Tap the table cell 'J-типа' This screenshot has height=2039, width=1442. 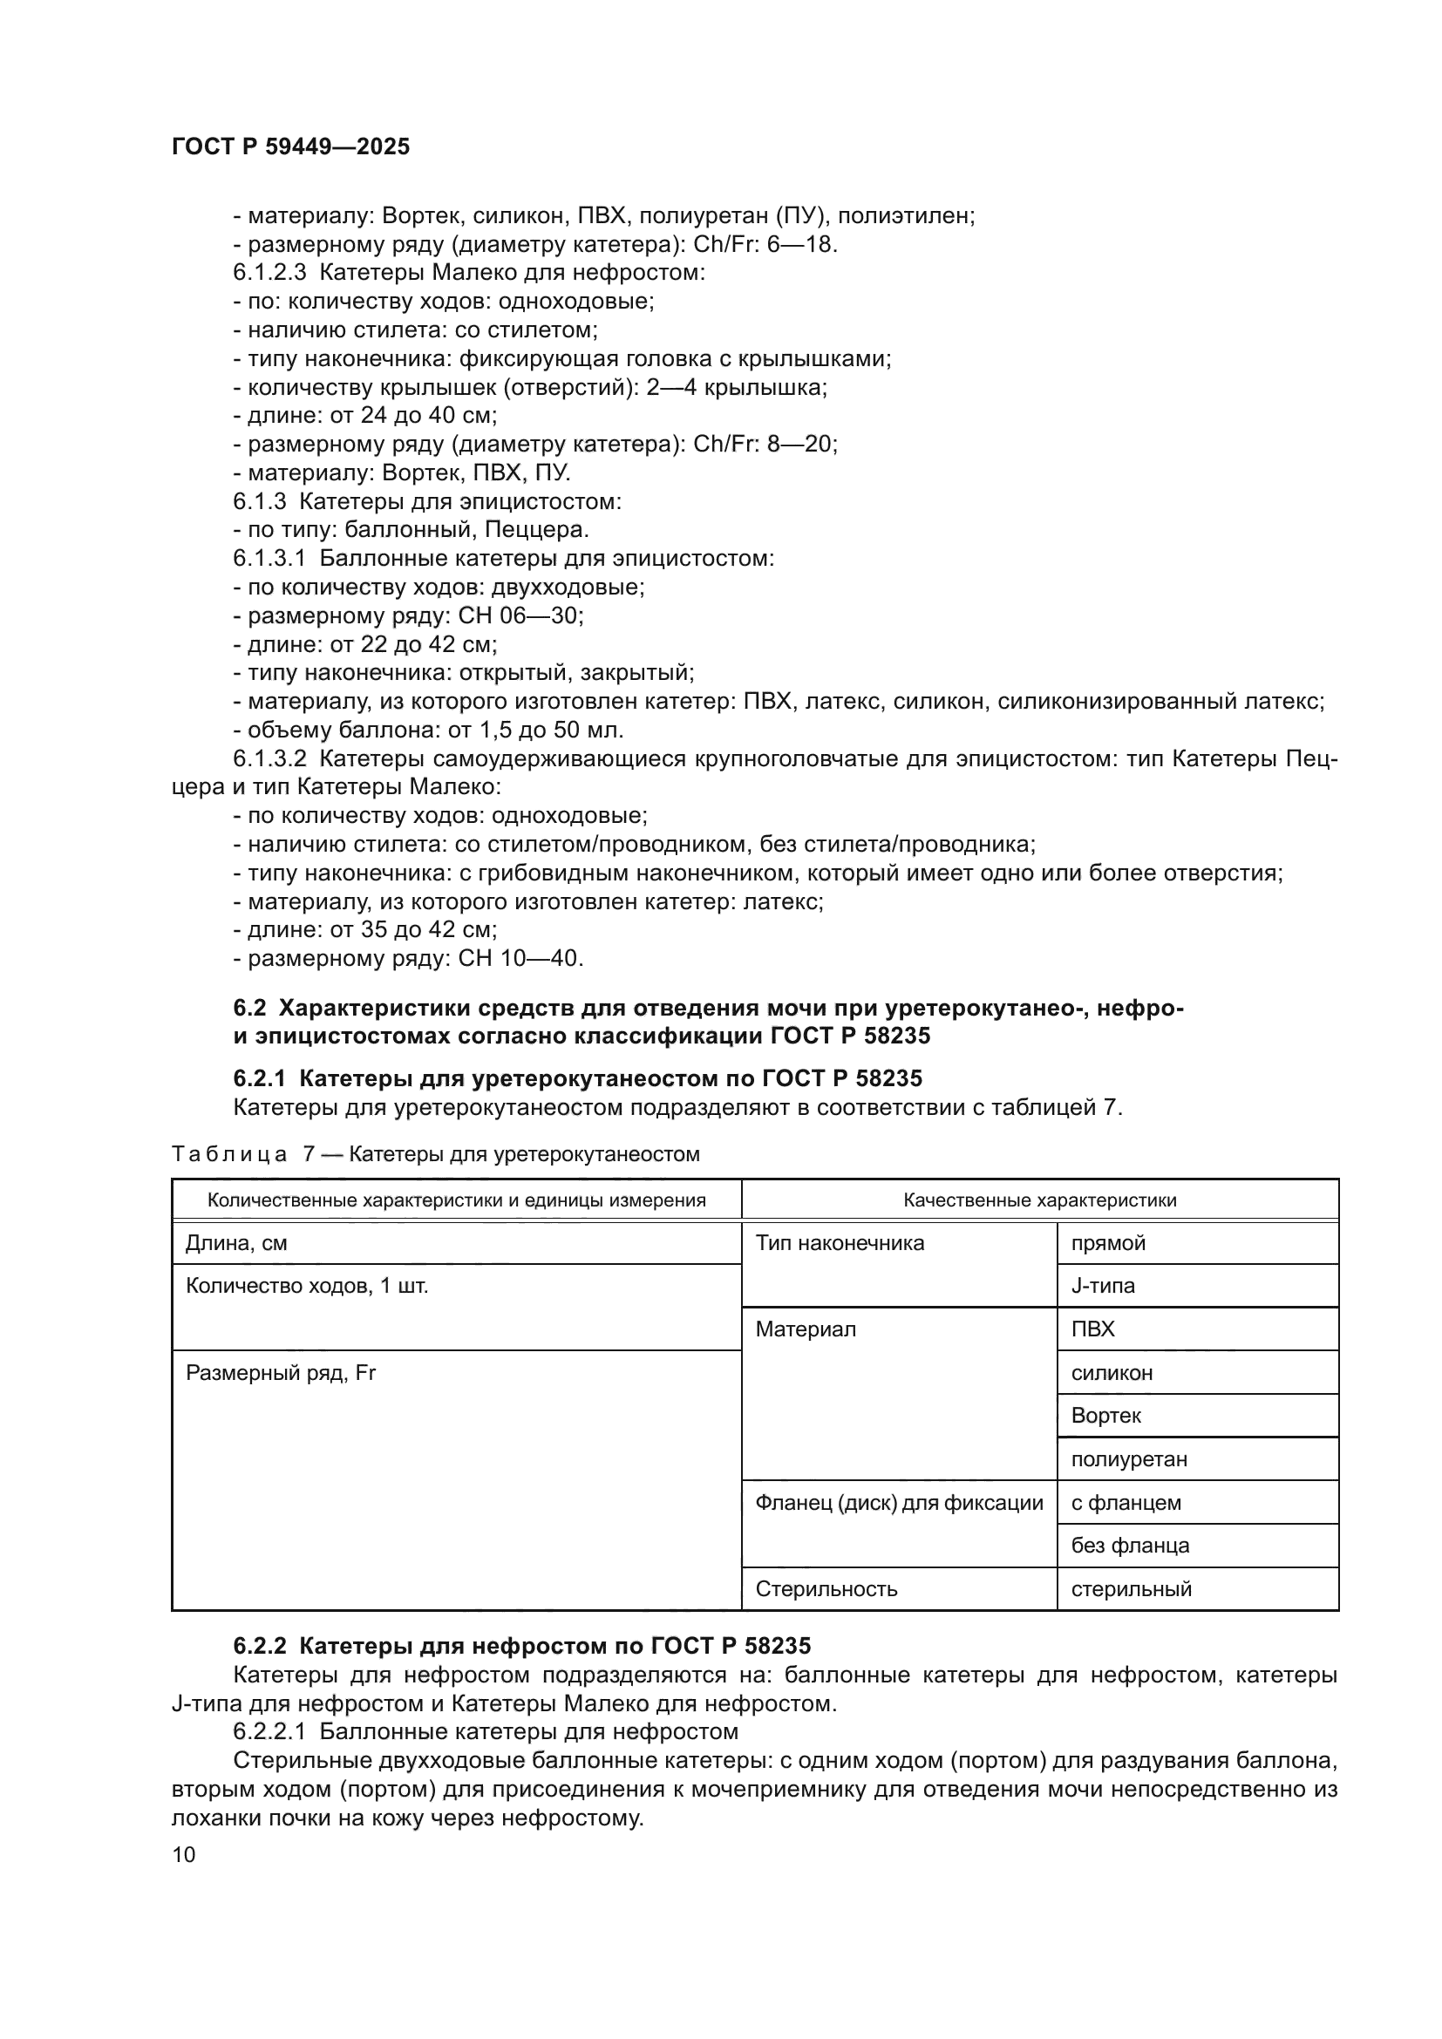tap(1103, 1286)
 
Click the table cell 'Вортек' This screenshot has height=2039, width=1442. tap(1105, 1416)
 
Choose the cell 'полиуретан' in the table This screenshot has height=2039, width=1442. tap(1128, 1459)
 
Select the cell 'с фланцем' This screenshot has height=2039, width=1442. tap(1126, 1503)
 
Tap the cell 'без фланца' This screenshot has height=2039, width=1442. tap(1129, 1546)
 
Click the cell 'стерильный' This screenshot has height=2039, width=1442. tap(1132, 1589)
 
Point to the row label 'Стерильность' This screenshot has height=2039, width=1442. tap(826, 1589)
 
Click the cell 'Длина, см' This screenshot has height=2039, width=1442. tap(236, 1243)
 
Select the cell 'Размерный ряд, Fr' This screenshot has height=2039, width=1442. tap(281, 1373)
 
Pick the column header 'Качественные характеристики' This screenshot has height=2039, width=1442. tap(1039, 1200)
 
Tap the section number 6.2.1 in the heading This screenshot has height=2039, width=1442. tap(259, 1078)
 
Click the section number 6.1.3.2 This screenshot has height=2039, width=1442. tap(269, 758)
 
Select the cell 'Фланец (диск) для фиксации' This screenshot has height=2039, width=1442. tap(899, 1503)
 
